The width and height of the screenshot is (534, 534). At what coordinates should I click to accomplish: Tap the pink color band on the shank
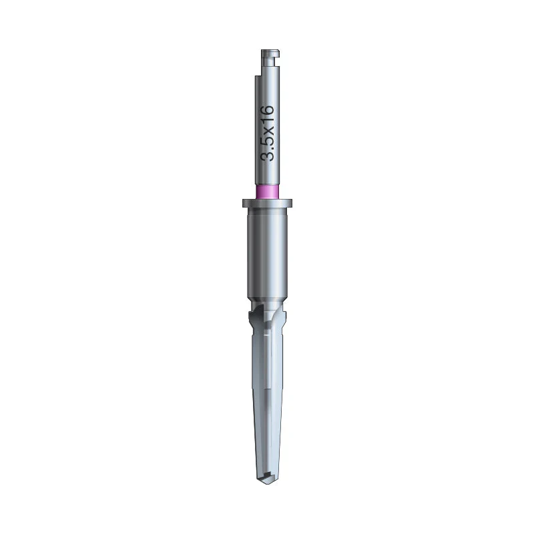[x=267, y=192]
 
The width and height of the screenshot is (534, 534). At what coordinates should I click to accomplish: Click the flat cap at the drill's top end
[x=270, y=52]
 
